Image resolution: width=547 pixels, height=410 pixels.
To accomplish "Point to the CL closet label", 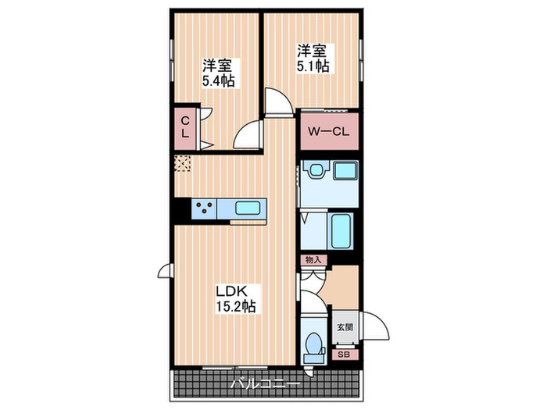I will [186, 127].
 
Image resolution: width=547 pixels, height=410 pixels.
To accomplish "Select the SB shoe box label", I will [343, 354].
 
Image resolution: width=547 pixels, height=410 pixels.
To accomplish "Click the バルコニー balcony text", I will [266, 385].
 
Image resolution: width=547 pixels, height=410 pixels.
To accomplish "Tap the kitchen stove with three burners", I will [204, 209].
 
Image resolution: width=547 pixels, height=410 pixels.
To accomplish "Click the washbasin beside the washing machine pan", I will [316, 170].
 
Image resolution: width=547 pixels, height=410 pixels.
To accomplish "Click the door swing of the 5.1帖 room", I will [275, 102].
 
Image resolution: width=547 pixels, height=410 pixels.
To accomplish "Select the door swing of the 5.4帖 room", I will [248, 134].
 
